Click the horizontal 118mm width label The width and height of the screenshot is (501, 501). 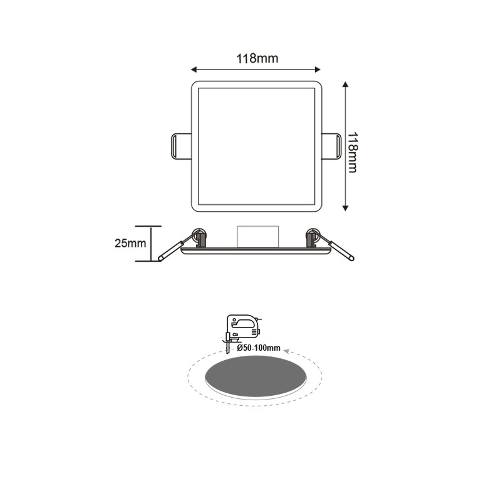tap(257, 59)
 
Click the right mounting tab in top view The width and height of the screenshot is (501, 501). tap(332, 146)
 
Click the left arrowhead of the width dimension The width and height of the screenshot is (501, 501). tap(194, 69)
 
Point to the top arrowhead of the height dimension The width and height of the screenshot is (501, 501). tap(345, 84)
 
